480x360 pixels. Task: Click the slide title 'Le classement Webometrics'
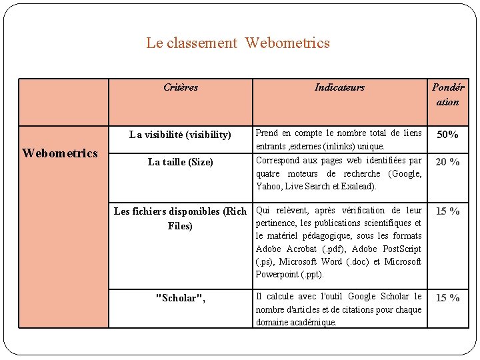tap(238, 43)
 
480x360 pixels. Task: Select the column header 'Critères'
tap(181, 87)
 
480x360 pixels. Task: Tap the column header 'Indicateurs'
tap(339, 87)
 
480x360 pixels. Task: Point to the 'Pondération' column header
tap(448, 95)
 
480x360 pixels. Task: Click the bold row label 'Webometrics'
tap(60, 153)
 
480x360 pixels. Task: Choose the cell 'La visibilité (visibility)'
tap(180, 135)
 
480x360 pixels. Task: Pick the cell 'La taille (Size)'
tap(180, 162)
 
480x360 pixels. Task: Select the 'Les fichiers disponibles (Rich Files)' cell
tap(180, 219)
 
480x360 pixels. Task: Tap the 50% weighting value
tap(447, 135)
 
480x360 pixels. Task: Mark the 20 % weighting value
tap(447, 162)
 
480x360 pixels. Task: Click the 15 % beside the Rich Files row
tap(447, 211)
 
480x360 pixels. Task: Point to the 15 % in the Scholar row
tap(447, 298)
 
